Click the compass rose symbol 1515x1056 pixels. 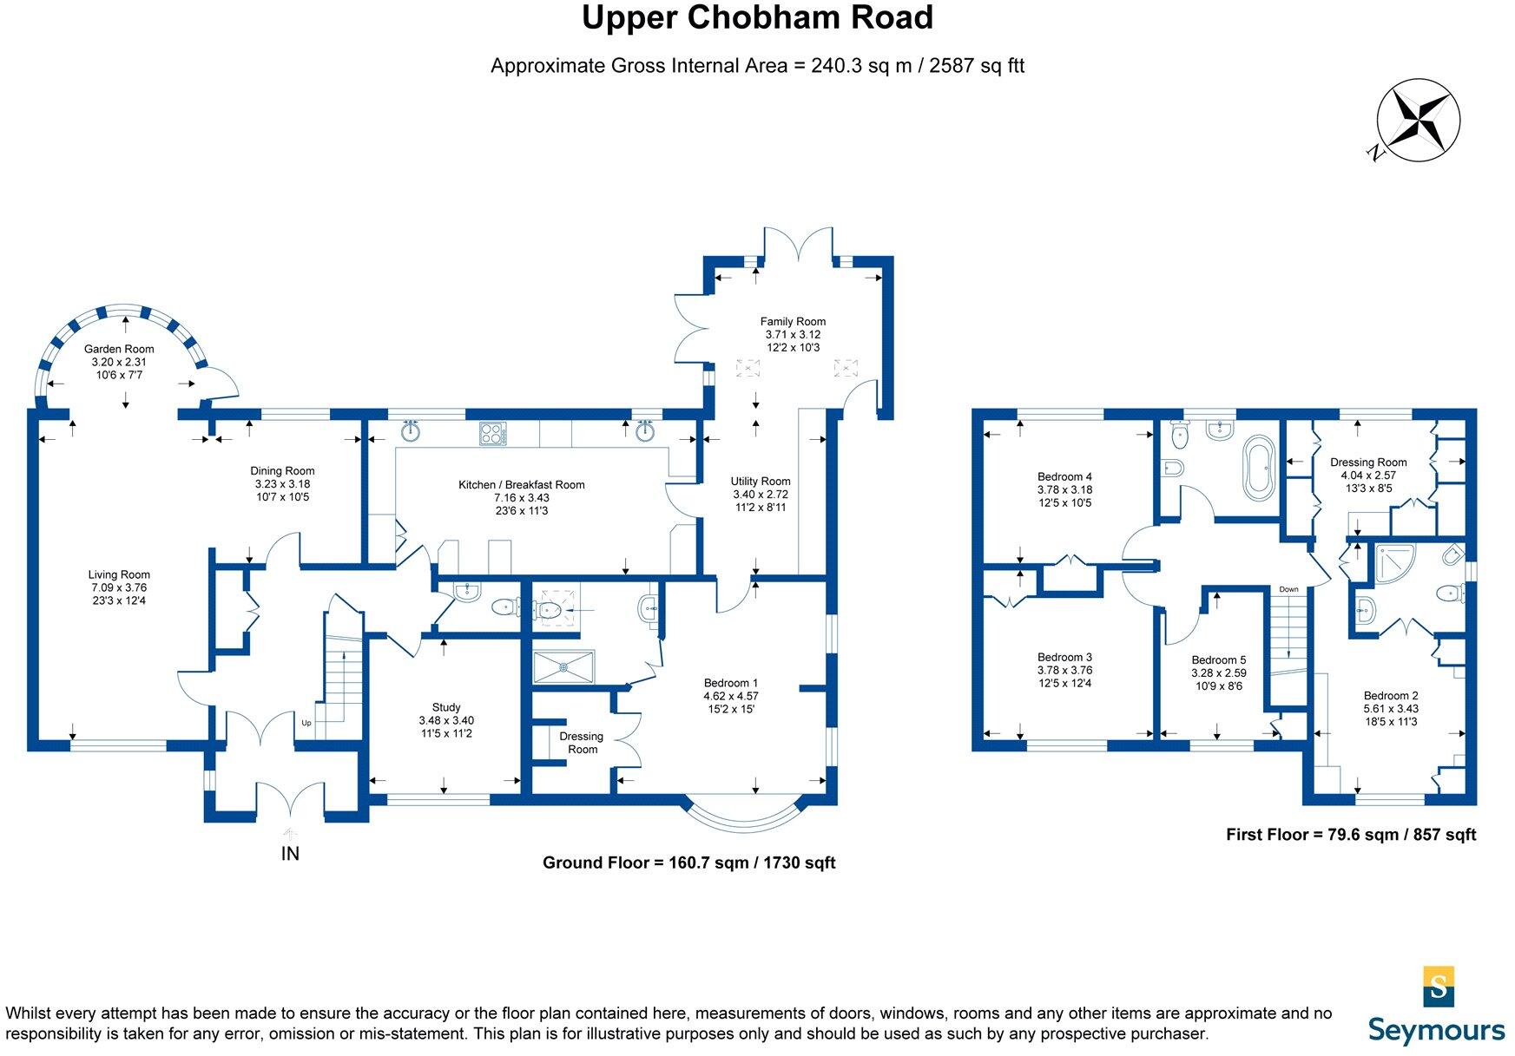(1419, 121)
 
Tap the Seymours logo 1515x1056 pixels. (1437, 1007)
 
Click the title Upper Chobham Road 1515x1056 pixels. (757, 18)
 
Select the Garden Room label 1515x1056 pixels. (119, 349)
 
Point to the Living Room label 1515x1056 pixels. (119, 574)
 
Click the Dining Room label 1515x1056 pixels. (282, 471)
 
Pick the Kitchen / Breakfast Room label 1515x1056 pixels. (521, 485)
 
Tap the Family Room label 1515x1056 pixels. (793, 321)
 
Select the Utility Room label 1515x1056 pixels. (761, 482)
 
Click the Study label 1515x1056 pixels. (446, 707)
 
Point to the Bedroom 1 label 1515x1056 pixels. (731, 683)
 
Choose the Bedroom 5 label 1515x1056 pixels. (1218, 660)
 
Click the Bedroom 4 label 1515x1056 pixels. (1064, 476)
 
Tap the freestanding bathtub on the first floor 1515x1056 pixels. (1257, 468)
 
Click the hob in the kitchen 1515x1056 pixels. (493, 433)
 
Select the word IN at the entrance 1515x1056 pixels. (290, 854)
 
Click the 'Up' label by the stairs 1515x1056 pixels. (306, 723)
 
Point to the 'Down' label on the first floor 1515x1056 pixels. (1288, 590)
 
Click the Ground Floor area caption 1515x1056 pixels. (688, 863)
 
